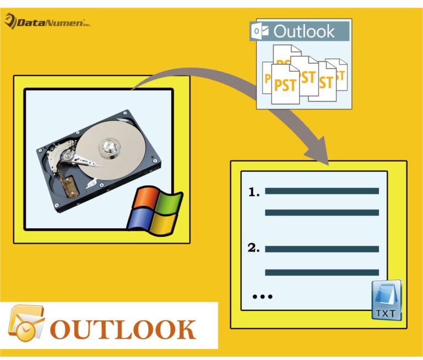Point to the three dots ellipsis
(x=262, y=296)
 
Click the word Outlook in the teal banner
(x=303, y=31)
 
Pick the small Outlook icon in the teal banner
(x=257, y=31)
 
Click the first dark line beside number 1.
(x=322, y=191)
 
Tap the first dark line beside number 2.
(x=322, y=249)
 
